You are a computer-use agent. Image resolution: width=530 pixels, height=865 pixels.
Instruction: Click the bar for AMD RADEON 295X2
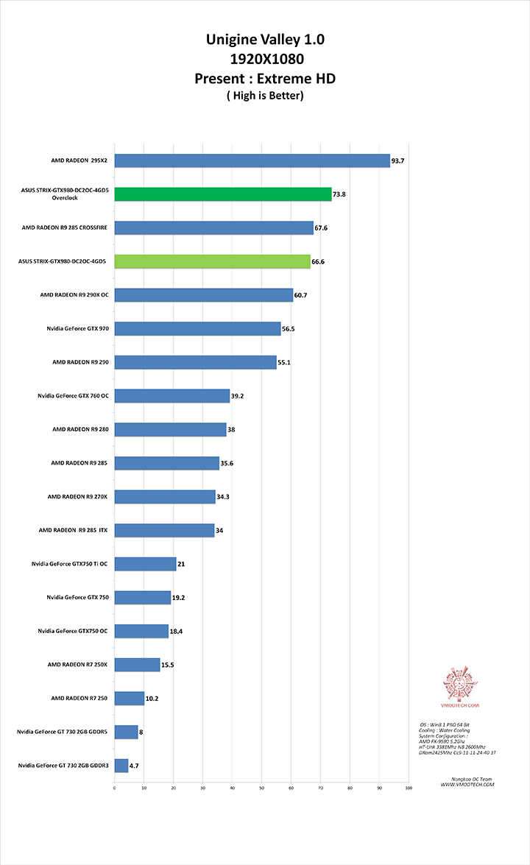click(252, 160)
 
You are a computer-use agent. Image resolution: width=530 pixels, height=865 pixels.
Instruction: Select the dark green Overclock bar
click(223, 194)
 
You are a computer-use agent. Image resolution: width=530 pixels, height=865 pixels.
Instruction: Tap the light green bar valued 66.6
click(212, 261)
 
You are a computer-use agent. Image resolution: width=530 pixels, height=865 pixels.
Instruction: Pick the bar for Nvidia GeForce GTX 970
click(197, 329)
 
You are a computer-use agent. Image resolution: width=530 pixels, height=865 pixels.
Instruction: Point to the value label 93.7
click(398, 160)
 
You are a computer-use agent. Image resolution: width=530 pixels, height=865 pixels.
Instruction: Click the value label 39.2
click(238, 396)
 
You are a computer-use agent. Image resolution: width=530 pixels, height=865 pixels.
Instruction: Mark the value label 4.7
click(134, 766)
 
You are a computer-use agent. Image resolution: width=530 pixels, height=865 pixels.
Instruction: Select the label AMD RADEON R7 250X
click(77, 665)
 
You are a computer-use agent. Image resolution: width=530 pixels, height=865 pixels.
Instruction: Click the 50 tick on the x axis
click(262, 788)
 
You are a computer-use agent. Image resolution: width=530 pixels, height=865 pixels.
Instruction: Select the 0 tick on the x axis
click(115, 788)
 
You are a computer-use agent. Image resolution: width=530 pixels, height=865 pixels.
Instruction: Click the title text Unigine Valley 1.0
click(265, 40)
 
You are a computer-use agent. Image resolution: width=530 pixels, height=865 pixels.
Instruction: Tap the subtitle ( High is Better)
click(265, 95)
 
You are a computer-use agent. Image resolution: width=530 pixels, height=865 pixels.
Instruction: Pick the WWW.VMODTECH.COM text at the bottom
click(467, 785)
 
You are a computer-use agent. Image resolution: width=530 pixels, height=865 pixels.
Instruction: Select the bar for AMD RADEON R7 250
click(130, 699)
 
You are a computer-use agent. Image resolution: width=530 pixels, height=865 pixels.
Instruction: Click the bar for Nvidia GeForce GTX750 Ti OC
click(145, 564)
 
